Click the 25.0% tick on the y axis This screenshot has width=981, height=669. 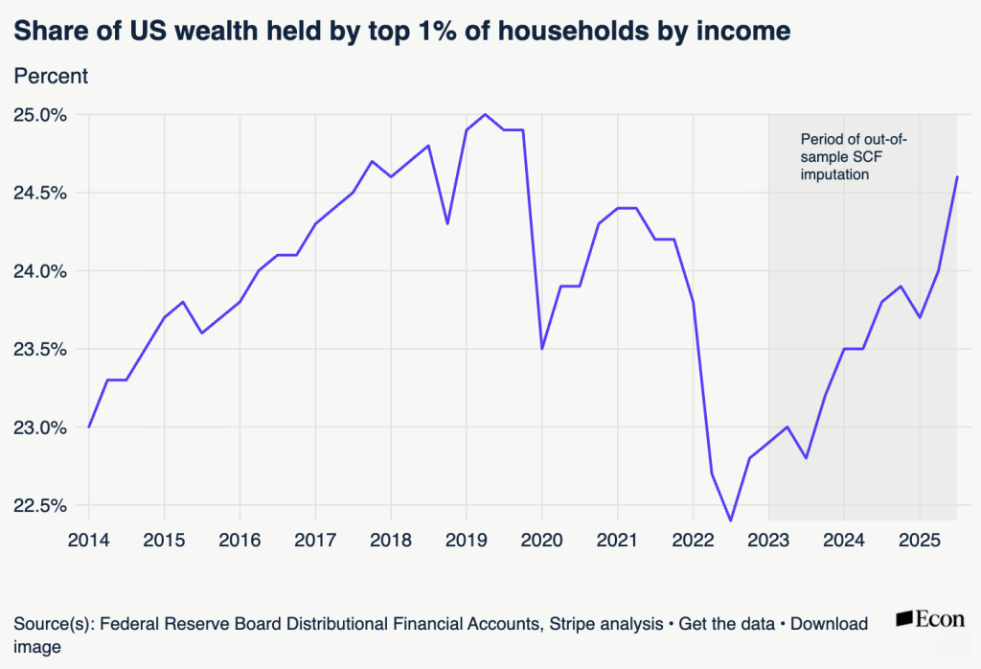click(x=39, y=115)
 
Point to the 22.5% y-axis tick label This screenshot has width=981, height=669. click(x=39, y=506)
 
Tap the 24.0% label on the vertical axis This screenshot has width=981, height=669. click(x=39, y=271)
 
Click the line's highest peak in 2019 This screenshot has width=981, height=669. click(x=486, y=115)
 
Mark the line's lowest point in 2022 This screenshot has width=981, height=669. click(x=730, y=520)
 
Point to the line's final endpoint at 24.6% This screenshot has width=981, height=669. click(x=957, y=177)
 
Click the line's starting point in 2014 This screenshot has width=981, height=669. click(x=89, y=427)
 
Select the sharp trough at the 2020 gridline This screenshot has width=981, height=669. click(x=542, y=349)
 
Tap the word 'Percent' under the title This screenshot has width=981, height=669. click(x=51, y=77)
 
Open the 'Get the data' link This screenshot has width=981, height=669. click(x=726, y=624)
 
